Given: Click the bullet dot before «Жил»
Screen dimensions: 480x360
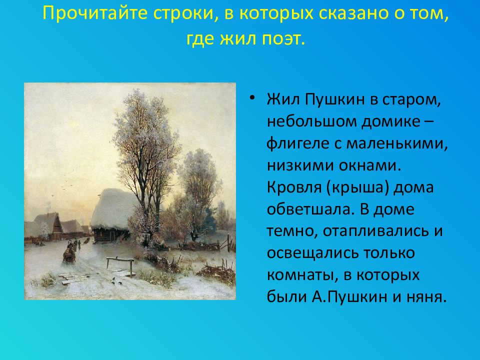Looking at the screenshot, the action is point(252,98).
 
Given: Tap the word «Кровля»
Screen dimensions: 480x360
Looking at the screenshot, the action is point(294,187).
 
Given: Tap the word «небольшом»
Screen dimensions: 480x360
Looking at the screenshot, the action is point(311,121).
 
